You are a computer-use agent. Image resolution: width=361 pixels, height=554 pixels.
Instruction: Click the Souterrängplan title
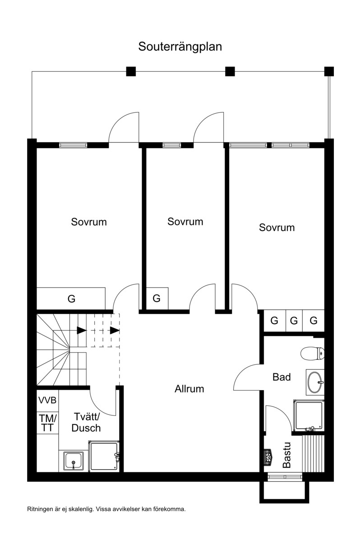coord(180,47)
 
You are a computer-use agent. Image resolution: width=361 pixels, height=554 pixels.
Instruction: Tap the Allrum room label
coord(189,389)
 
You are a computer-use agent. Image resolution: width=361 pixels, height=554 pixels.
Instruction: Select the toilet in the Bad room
coord(313,354)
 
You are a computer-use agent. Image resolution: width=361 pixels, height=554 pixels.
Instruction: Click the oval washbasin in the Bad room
coord(315,382)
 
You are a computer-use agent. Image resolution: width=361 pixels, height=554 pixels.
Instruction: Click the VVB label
coord(47,400)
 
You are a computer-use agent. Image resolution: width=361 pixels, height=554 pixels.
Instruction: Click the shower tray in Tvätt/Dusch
coord(104,456)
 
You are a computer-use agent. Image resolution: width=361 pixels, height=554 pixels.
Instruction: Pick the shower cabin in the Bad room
coord(309,415)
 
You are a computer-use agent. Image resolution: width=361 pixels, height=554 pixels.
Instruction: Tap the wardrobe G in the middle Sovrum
coord(157,298)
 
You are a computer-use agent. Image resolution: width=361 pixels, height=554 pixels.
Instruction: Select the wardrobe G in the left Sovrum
coord(71,298)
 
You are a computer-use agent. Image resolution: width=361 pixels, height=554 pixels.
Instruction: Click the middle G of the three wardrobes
coord(294,321)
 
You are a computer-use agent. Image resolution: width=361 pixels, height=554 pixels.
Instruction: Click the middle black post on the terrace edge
coord(230,71)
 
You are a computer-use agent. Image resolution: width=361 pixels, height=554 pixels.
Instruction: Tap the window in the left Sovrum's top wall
coord(73,145)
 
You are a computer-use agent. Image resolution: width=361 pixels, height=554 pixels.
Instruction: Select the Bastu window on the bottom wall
coord(285,477)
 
